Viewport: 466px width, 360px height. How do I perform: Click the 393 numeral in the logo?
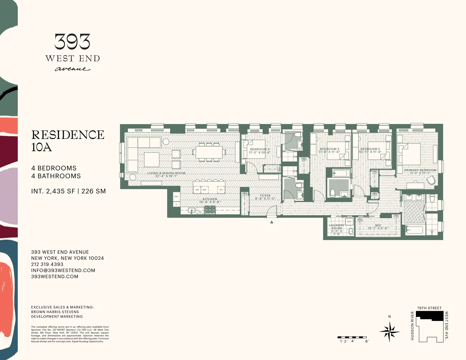pos(72,42)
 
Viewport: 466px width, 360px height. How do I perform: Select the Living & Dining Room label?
pos(166,174)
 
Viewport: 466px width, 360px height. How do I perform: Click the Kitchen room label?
pos(210,200)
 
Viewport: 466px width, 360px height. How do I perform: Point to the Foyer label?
pos(265,197)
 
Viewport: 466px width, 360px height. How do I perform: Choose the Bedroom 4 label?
pos(260,151)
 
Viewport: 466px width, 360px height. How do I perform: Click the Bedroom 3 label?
pos(329,150)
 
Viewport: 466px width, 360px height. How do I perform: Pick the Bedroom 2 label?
pos(370,150)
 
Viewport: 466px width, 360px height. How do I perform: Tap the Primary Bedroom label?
pos(420,172)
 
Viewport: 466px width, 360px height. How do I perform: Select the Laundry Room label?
pos(337,229)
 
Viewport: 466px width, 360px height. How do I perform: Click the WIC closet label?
pos(378,227)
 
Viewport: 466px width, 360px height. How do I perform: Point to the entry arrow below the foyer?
pos(272,222)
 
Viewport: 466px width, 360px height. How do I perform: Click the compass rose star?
pos(389,331)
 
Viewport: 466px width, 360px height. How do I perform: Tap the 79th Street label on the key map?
pos(429,308)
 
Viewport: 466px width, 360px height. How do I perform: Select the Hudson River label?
pos(412,326)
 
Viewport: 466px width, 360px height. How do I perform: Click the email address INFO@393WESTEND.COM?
pos(63,270)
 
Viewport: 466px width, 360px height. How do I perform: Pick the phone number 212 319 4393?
pos(47,264)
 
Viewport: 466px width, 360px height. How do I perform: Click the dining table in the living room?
pos(209,152)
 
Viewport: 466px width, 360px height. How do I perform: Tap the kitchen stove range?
pos(210,210)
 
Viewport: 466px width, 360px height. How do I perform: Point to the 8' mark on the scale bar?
pos(367,341)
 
